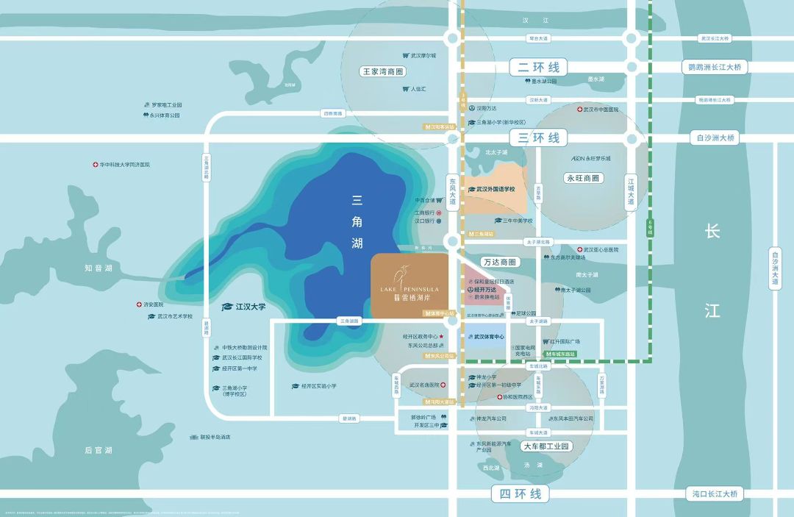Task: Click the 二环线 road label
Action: click(538, 68)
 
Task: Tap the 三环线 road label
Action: click(538, 138)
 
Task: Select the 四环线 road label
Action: click(520, 493)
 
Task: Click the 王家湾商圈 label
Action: click(384, 72)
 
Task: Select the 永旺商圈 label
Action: click(582, 178)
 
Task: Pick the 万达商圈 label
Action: click(501, 262)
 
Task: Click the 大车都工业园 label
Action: click(546, 446)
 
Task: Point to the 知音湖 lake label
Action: click(98, 268)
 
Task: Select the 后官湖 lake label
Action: click(98, 449)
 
